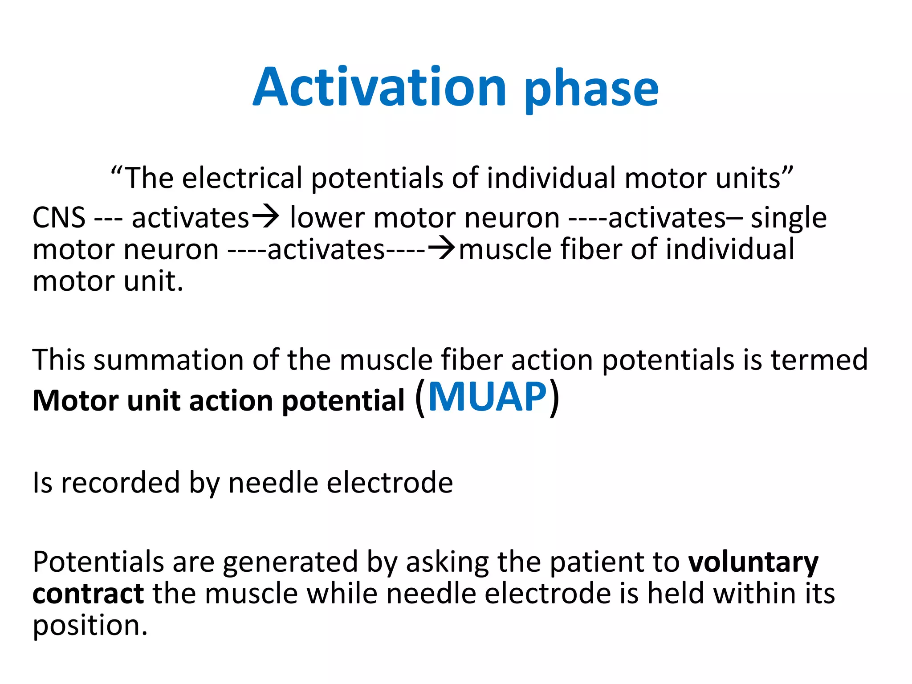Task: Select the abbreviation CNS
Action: pyautogui.click(x=59, y=218)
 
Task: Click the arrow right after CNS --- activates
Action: pyautogui.click(x=266, y=216)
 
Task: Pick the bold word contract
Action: pyautogui.click(x=88, y=594)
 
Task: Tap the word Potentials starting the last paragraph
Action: pyautogui.click(x=98, y=562)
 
